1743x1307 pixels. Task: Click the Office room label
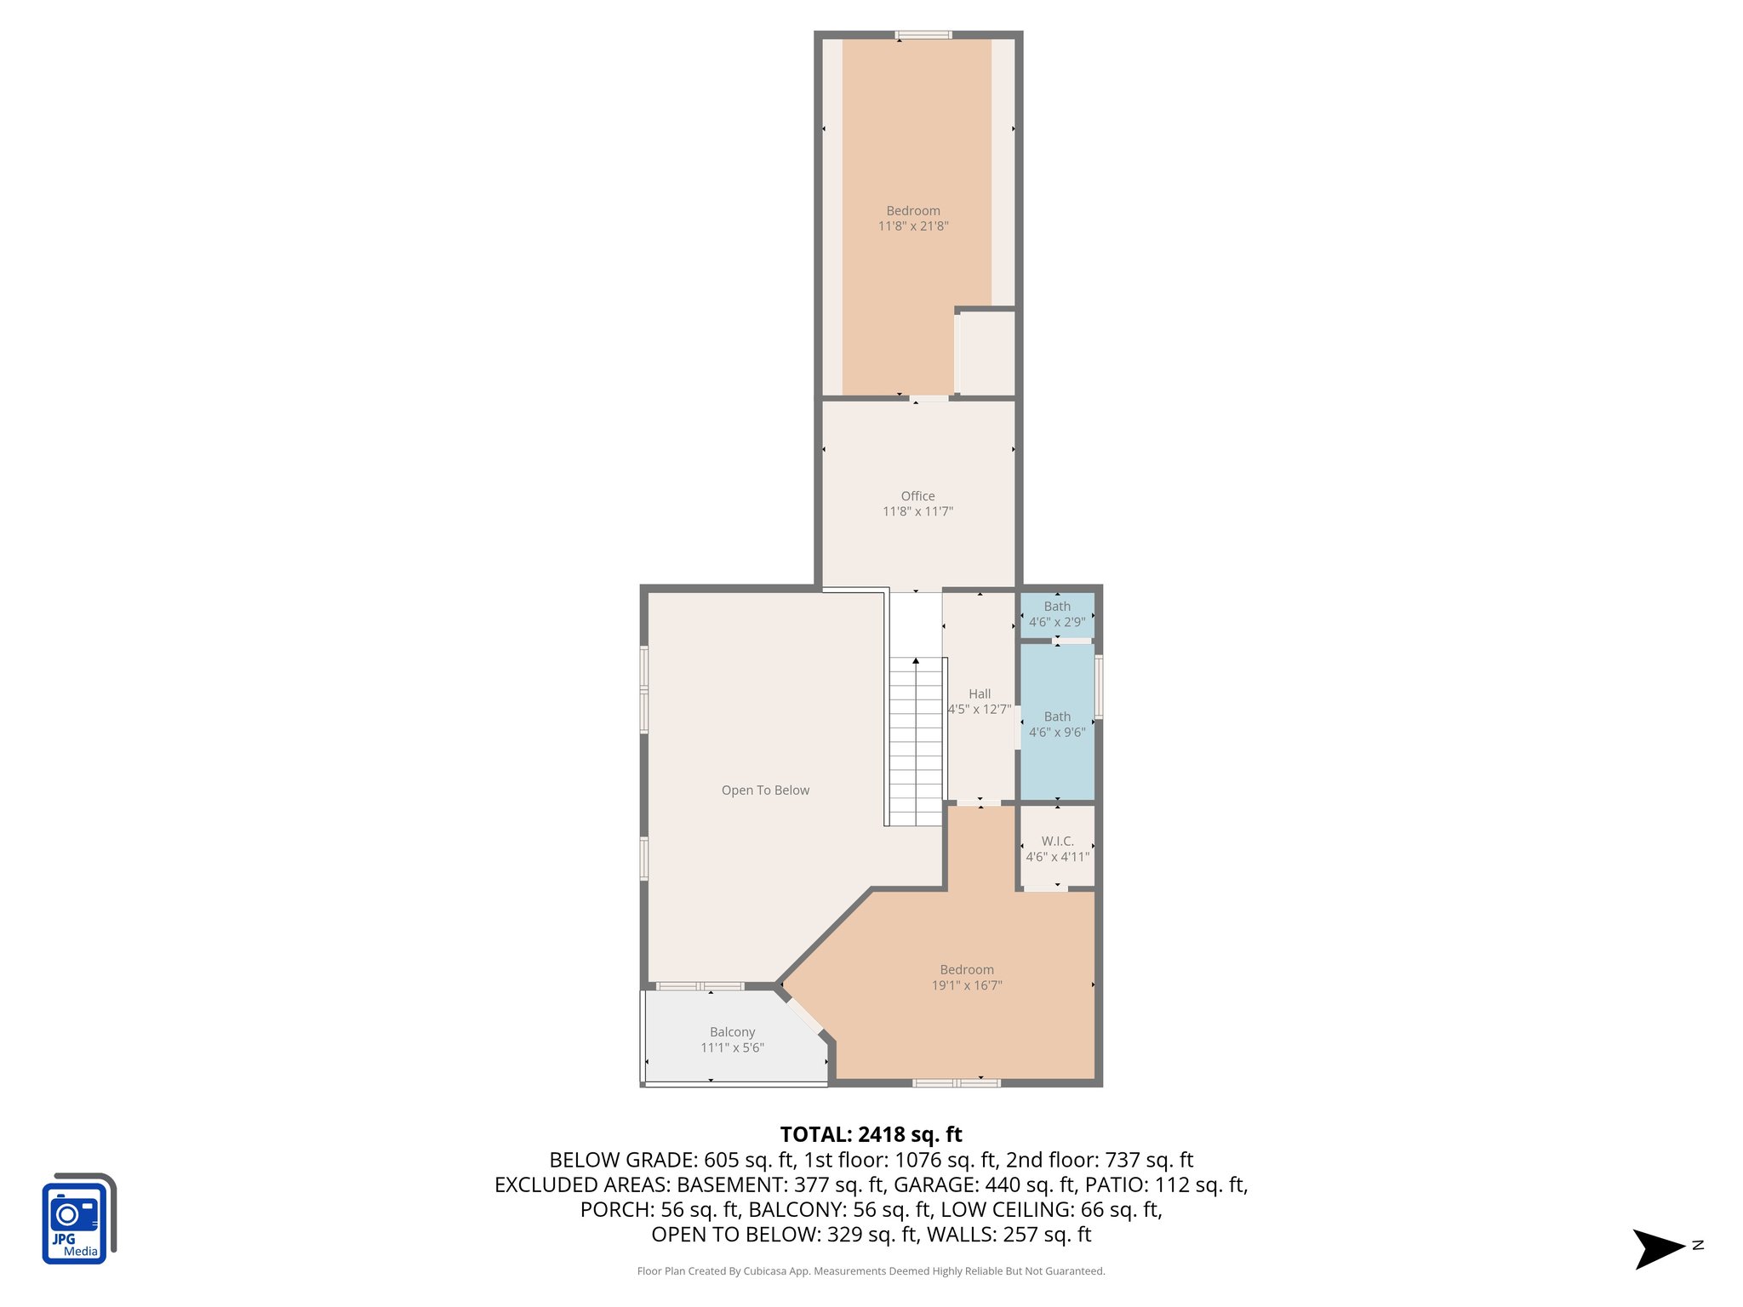(917, 496)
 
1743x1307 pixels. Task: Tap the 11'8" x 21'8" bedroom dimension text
(913, 226)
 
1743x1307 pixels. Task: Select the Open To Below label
(765, 790)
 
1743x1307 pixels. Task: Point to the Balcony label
(732, 1032)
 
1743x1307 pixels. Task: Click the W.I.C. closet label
(1057, 842)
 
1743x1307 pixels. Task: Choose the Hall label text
(980, 694)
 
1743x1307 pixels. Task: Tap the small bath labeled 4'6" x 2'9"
(1057, 614)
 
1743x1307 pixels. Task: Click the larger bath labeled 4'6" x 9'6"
(1057, 724)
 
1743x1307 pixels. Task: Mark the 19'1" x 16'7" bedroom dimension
(967, 985)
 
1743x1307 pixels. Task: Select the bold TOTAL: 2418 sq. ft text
(871, 1134)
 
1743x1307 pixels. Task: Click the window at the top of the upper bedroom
(923, 35)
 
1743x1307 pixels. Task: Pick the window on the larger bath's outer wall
(1099, 686)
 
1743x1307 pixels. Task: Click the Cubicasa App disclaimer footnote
(871, 1271)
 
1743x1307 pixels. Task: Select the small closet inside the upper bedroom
(987, 352)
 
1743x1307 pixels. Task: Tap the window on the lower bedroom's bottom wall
(956, 1082)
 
